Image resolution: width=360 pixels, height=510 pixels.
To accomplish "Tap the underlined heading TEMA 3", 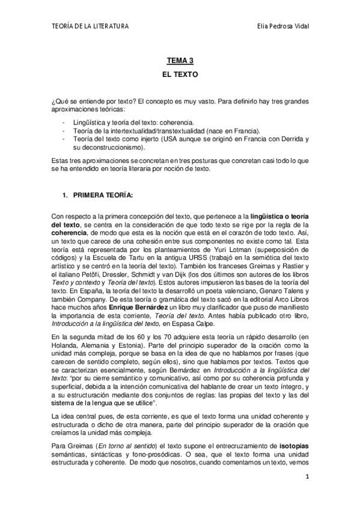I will (180, 61).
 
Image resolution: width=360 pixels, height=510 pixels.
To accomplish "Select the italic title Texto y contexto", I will (75, 277).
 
